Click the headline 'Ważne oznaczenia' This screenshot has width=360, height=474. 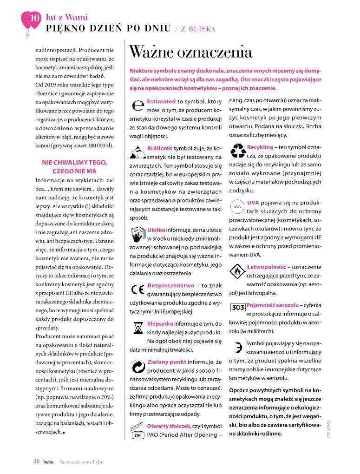190,52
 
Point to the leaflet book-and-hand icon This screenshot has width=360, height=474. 138,234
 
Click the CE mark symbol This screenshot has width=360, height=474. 138,290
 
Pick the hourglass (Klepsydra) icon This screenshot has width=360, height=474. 138,329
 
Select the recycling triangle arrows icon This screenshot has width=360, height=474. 238,151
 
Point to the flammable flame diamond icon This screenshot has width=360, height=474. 237,273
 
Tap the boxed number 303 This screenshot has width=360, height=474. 238,307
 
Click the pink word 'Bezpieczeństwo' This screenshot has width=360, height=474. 170,285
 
